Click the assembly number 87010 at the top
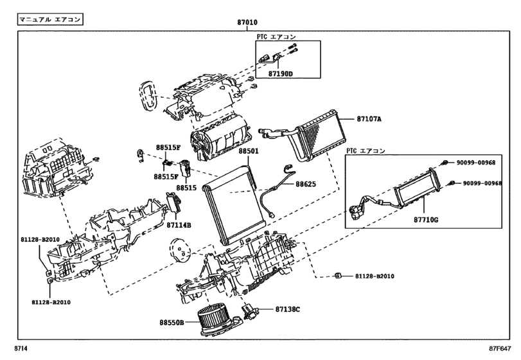click(249, 22)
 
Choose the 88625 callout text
click(306, 184)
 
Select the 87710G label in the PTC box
click(425, 221)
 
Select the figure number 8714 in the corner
click(22, 349)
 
